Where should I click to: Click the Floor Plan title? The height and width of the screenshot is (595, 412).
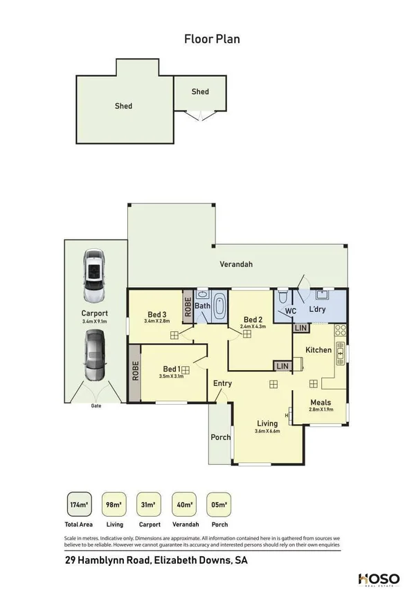(x=212, y=39)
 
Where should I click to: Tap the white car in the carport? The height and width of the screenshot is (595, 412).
(x=93, y=276)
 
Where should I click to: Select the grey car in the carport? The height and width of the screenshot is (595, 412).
(x=93, y=356)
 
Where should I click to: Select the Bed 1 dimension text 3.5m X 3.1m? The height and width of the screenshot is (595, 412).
(x=171, y=376)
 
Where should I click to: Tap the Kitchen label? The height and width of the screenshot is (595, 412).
(x=319, y=350)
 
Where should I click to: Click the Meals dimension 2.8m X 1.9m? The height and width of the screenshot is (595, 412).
(x=321, y=410)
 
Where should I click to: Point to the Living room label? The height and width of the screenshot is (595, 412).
(x=267, y=423)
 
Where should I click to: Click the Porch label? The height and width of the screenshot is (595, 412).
(x=220, y=437)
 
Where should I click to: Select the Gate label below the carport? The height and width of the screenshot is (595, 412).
(x=96, y=406)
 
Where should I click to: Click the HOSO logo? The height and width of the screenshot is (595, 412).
(x=378, y=578)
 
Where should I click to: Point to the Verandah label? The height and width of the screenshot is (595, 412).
(x=236, y=264)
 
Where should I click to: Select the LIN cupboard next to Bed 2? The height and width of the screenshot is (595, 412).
(x=282, y=365)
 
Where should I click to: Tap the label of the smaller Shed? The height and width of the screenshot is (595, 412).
(x=200, y=91)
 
